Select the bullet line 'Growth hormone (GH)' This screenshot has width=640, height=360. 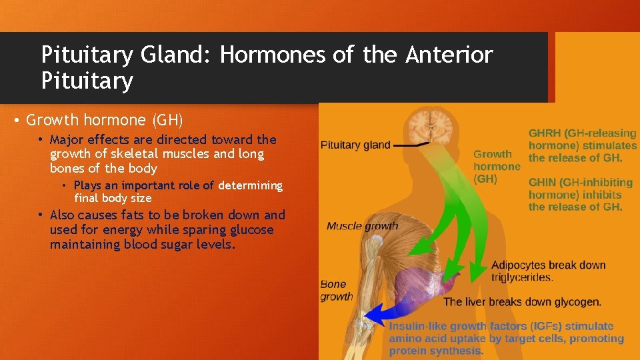[104, 121]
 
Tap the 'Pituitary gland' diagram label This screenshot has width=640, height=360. [355, 145]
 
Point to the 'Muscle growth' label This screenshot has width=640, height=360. [362, 226]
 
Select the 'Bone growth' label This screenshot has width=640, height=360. [337, 290]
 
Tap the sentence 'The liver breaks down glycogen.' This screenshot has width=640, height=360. [522, 302]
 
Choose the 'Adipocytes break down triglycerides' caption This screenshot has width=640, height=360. [548, 271]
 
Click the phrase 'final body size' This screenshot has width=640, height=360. [113, 198]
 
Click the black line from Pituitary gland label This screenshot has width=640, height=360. [411, 144]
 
